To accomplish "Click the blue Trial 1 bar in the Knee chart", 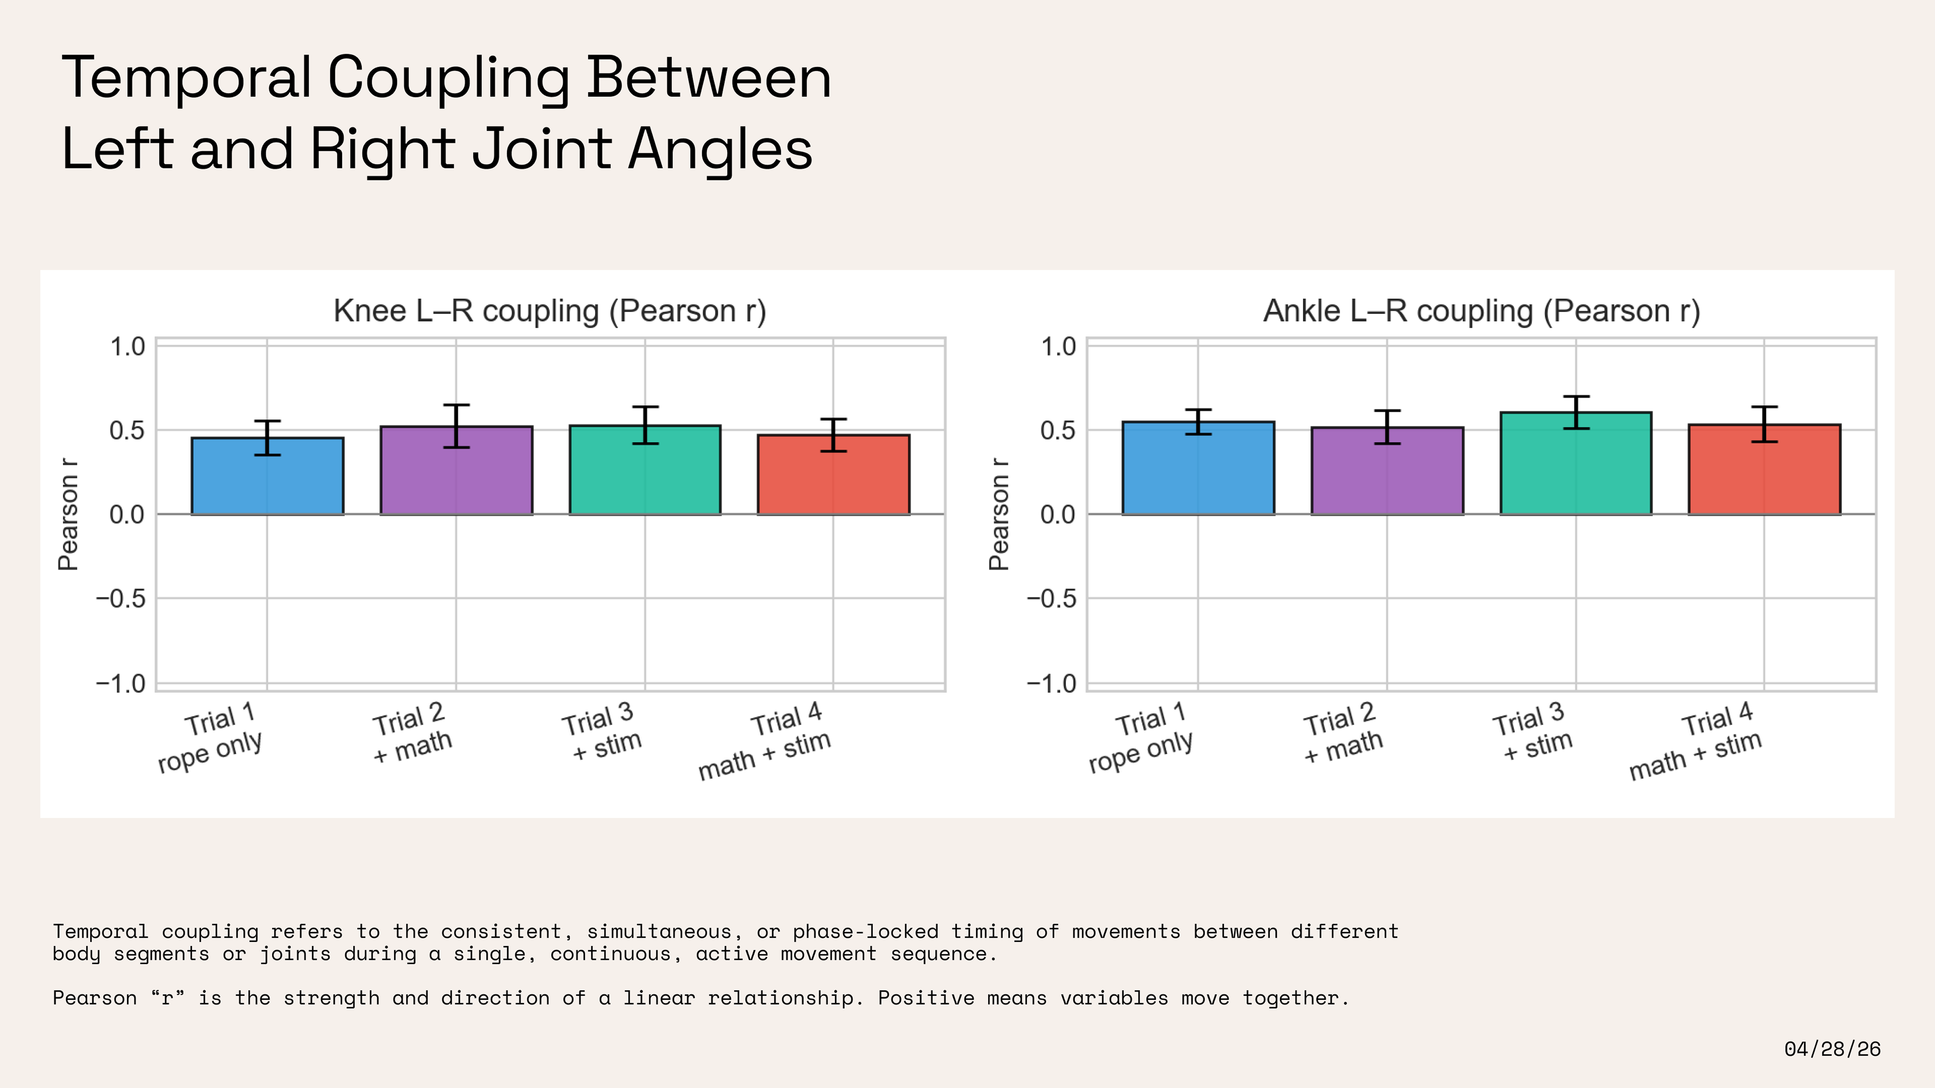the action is [x=267, y=476].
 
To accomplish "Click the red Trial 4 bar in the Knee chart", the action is [x=833, y=475].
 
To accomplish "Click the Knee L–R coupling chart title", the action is [x=550, y=311].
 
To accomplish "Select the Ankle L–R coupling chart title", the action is [x=1481, y=311].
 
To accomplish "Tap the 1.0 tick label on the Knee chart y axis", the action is [x=127, y=347].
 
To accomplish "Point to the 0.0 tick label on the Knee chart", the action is [x=127, y=515].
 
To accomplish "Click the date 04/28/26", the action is [x=1832, y=1049].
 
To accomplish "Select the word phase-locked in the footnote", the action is [x=865, y=932].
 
